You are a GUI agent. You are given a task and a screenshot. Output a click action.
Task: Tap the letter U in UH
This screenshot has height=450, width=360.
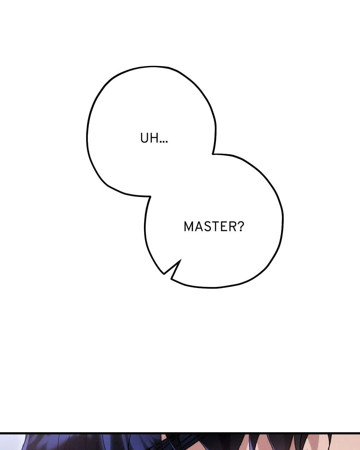coord(144,138)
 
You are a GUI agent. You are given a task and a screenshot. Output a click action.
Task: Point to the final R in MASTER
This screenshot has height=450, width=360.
coord(233,226)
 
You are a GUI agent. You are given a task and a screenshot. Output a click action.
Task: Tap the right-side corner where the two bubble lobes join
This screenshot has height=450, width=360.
coord(213,154)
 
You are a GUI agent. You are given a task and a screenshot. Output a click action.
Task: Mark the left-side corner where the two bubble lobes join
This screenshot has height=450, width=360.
coord(150,196)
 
